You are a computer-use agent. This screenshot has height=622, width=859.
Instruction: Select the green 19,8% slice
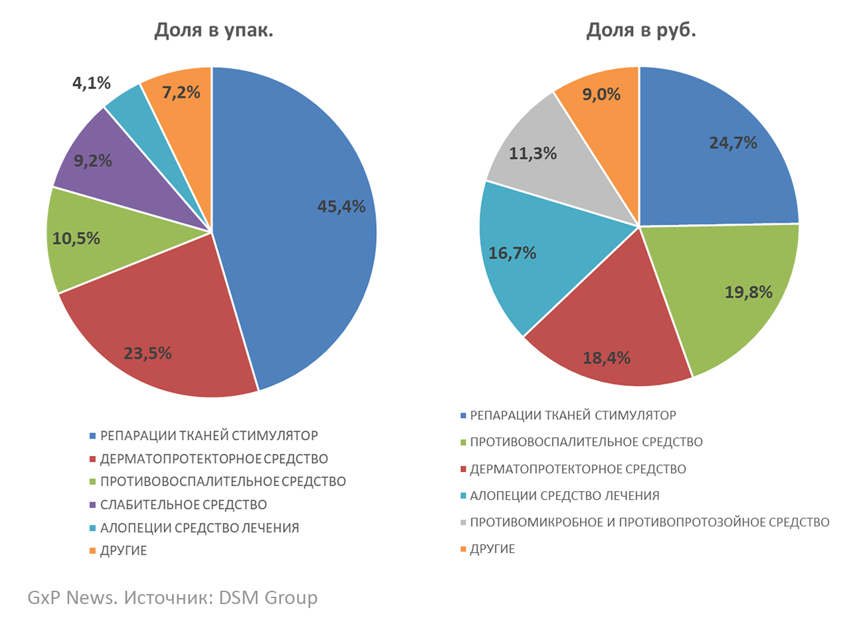pyautogui.click(x=737, y=292)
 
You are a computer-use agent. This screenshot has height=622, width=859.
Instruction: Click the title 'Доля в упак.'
pyautogui.click(x=213, y=31)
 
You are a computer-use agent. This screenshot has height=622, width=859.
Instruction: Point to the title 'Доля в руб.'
pyautogui.click(x=640, y=31)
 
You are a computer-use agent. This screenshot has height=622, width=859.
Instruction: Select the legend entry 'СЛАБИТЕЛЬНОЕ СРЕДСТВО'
pyautogui.click(x=183, y=505)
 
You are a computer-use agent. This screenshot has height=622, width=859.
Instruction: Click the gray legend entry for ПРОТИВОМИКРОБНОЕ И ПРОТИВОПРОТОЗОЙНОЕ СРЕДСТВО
pyautogui.click(x=649, y=522)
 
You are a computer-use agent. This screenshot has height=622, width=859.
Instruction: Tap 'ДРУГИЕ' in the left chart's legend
pyautogui.click(x=124, y=551)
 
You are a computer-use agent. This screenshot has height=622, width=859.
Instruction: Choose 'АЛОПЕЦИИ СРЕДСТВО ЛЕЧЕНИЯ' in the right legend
pyautogui.click(x=564, y=496)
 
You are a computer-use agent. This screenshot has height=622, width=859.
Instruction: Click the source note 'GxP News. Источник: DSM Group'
pyautogui.click(x=173, y=597)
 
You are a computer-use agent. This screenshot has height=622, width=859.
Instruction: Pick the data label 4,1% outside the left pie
pyautogui.click(x=91, y=83)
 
